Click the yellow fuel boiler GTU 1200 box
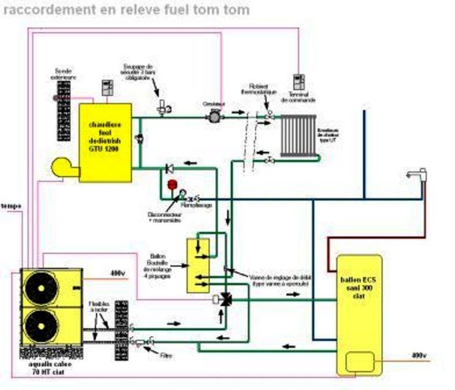coord(105,142)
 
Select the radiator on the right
coord(298,135)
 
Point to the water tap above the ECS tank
coord(419,178)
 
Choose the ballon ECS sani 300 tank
coord(359,314)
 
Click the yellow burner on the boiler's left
coord(64,167)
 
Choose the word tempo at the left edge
coord(10,206)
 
